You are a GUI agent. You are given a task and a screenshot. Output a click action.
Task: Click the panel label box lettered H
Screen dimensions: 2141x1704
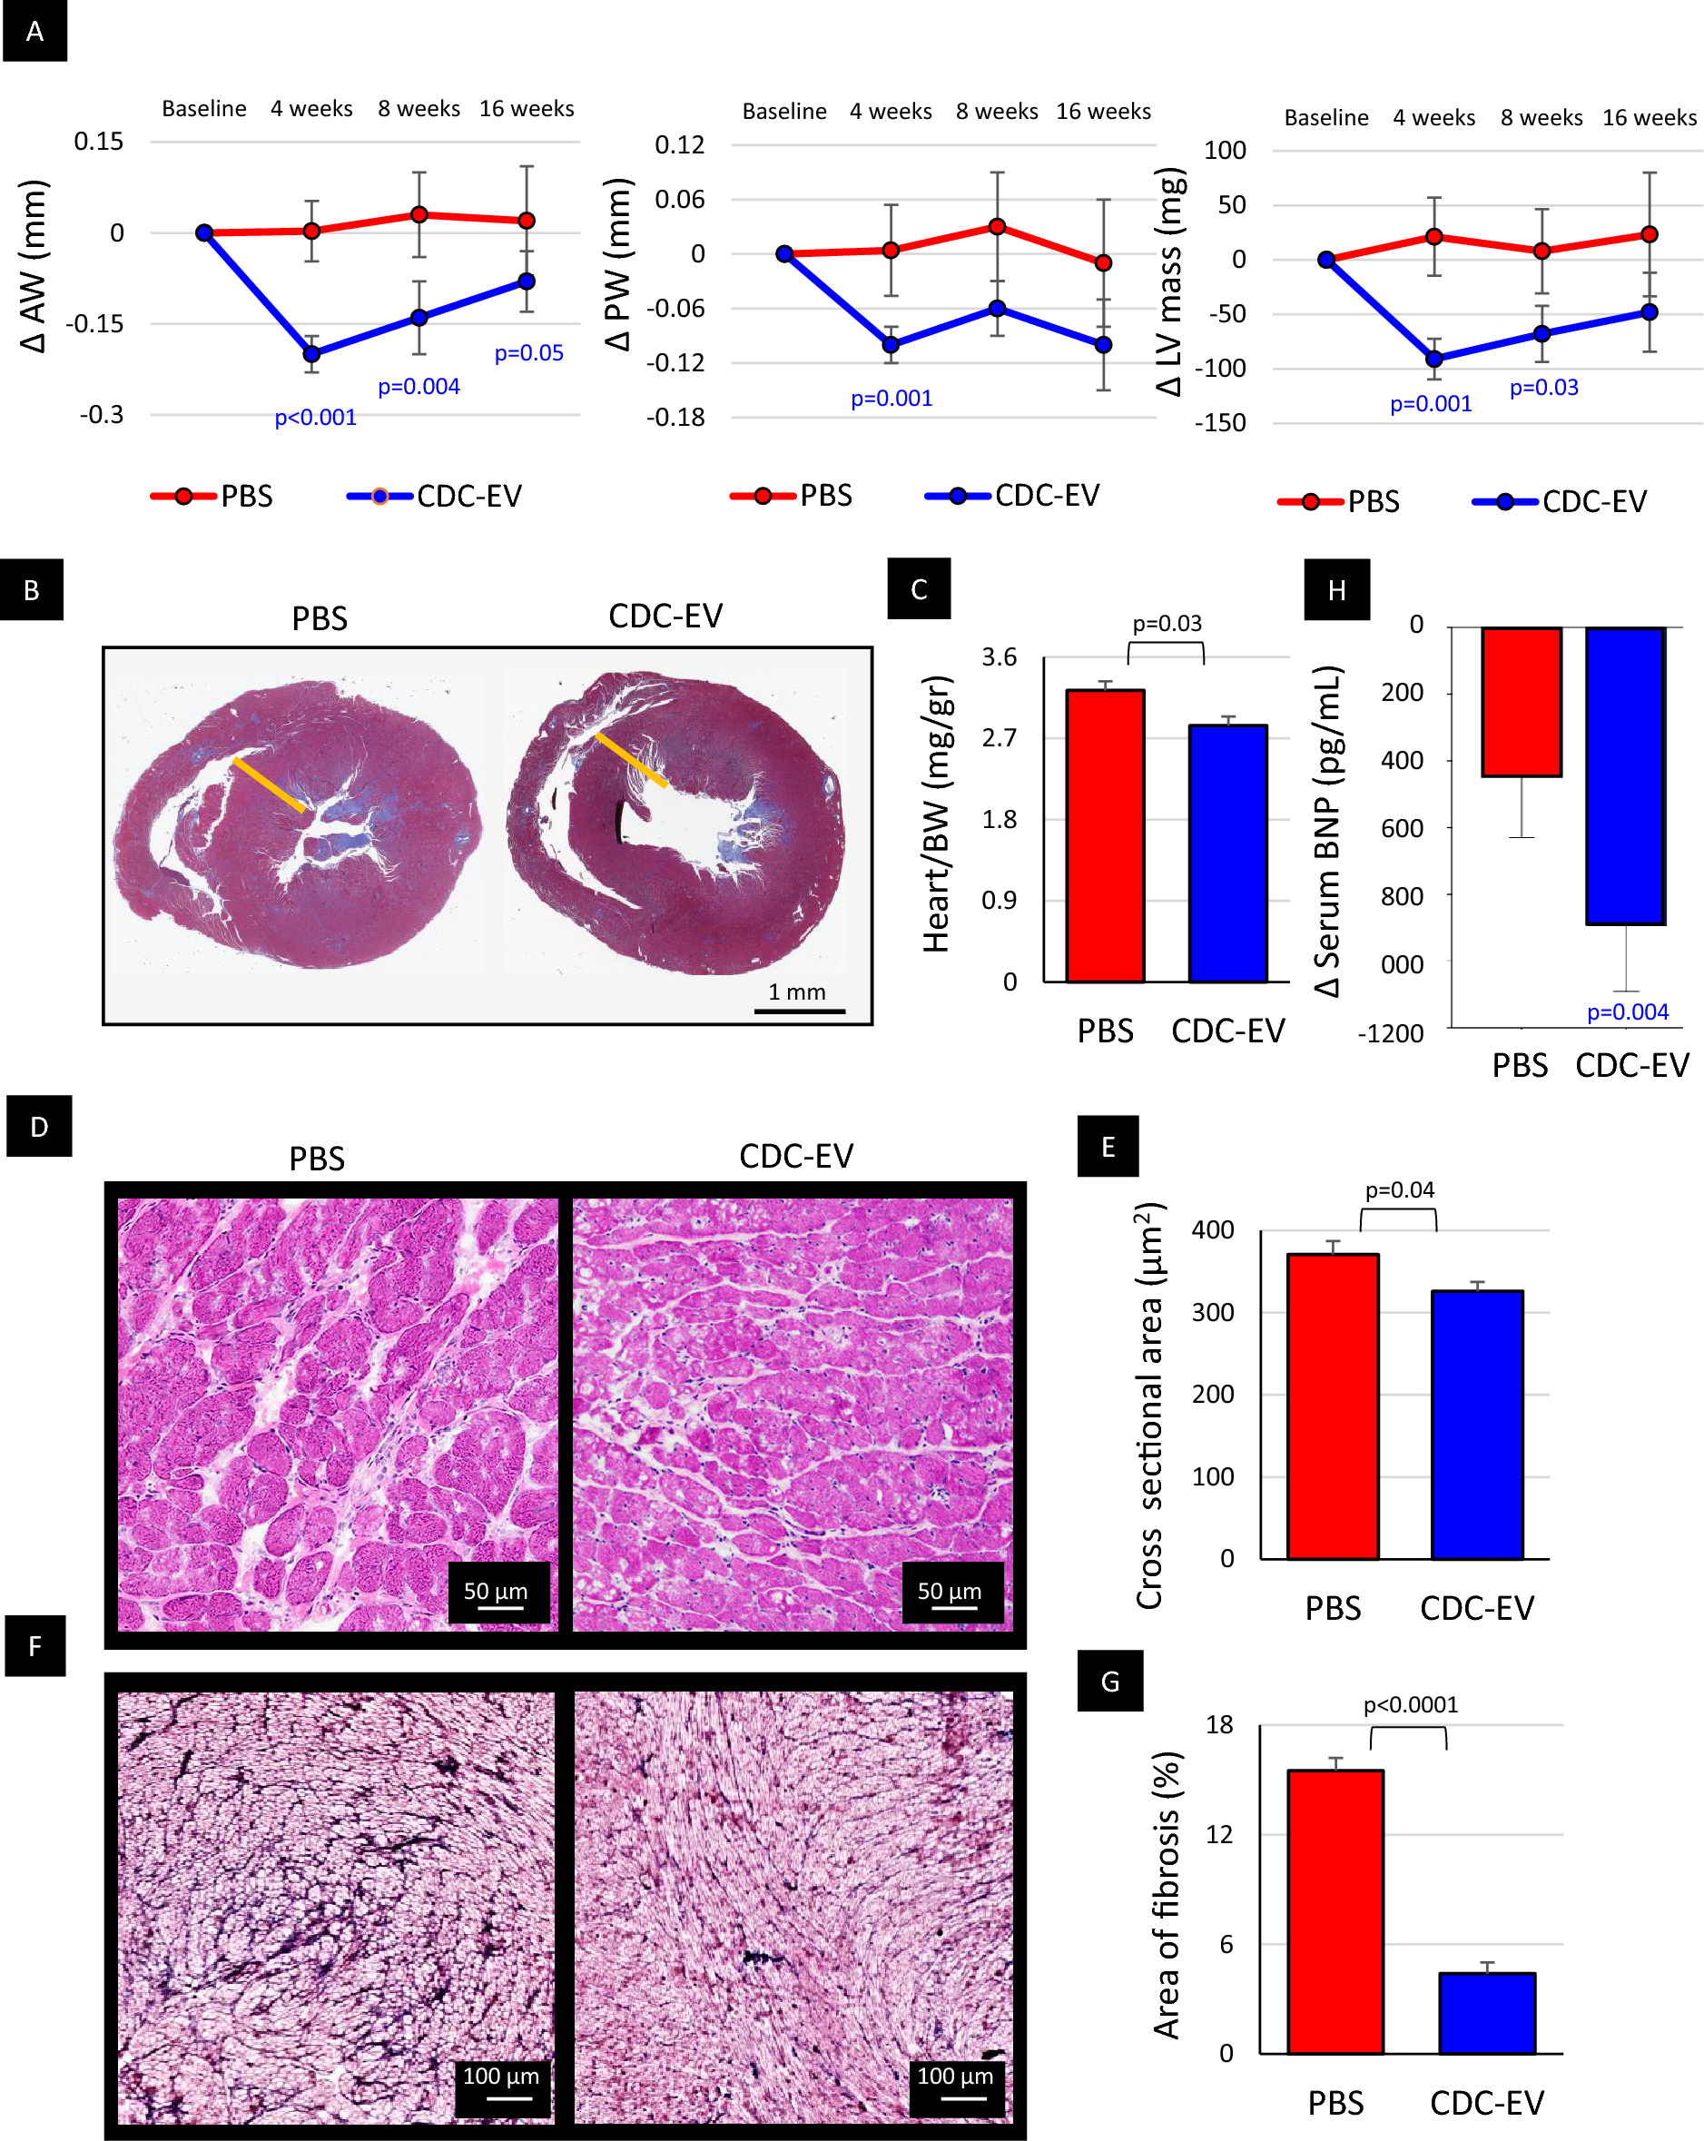click(x=1336, y=590)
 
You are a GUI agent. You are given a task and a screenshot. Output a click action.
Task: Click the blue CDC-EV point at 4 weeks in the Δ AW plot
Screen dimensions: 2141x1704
click(x=311, y=353)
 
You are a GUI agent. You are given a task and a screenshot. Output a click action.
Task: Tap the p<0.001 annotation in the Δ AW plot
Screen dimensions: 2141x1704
click(x=315, y=417)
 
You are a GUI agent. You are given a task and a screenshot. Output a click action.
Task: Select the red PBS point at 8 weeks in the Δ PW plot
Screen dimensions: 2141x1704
click(x=997, y=227)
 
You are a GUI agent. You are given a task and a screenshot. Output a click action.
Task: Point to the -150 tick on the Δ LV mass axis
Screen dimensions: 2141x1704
click(x=1219, y=423)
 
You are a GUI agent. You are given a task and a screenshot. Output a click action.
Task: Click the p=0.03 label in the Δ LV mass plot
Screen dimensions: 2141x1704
click(x=1543, y=388)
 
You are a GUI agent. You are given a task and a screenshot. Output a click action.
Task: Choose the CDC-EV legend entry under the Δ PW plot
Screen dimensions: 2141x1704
click(x=1013, y=496)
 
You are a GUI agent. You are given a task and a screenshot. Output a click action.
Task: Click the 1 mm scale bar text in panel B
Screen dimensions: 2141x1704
click(x=796, y=992)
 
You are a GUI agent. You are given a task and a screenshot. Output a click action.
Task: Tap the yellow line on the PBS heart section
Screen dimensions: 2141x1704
click(x=269, y=784)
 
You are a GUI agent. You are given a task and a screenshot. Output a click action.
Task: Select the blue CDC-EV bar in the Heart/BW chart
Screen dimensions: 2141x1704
click(x=1227, y=854)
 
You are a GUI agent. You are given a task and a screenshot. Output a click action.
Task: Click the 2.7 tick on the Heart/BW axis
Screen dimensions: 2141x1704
click(x=999, y=738)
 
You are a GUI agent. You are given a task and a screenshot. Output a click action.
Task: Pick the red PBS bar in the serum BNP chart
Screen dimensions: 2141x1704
click(x=1521, y=701)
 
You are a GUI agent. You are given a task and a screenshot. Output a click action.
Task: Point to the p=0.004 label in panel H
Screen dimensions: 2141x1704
click(x=1627, y=1011)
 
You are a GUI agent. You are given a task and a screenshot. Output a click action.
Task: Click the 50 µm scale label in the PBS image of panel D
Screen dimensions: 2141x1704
click(x=496, y=1591)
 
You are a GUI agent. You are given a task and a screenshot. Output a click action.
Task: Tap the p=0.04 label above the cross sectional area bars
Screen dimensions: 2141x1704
click(x=1398, y=1189)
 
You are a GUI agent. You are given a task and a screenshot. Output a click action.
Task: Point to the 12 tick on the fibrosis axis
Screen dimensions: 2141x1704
click(x=1218, y=1834)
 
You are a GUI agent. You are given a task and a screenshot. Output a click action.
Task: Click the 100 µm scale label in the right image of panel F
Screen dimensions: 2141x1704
click(x=954, y=2076)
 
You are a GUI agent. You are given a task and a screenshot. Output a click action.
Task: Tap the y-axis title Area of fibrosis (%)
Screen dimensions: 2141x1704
click(x=1167, y=1897)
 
